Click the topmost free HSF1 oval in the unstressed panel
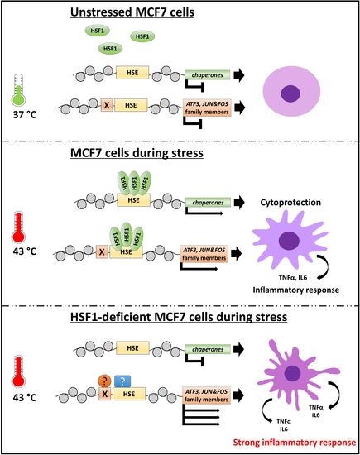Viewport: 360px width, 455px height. pos(98,30)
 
